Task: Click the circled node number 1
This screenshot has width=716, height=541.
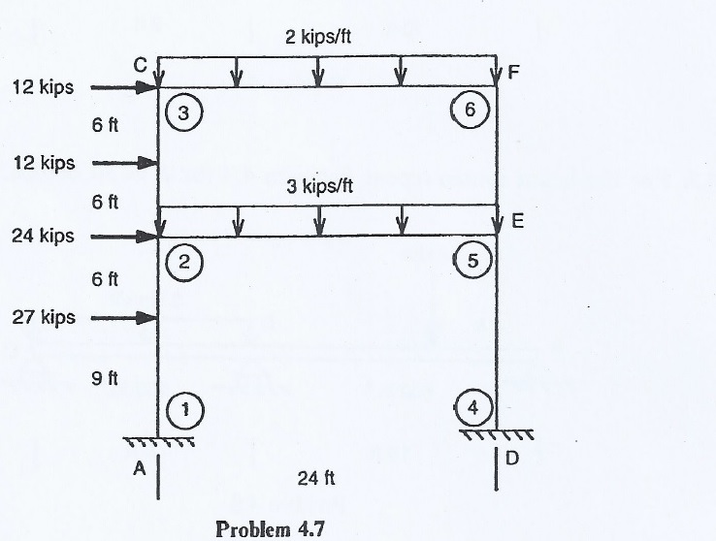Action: pos(184,410)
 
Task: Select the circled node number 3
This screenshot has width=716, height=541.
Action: pos(184,112)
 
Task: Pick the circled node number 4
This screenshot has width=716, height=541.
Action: pos(472,409)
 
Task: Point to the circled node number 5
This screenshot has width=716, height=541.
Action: pos(472,260)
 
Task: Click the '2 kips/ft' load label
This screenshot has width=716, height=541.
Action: pos(317,38)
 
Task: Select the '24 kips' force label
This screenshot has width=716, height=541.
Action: pos(43,236)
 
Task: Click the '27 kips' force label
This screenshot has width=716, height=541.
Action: pos(43,317)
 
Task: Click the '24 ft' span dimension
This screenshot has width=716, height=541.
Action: pos(317,477)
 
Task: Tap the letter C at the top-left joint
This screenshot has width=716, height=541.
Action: pos(141,65)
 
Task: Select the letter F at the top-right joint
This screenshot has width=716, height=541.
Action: pos(513,71)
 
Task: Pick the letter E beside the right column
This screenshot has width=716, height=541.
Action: pos(517,221)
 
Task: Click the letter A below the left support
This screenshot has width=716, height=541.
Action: pos(139,468)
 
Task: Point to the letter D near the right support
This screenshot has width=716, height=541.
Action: pos(513,459)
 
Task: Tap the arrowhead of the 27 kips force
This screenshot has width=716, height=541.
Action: pos(149,317)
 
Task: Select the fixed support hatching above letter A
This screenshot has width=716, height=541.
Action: pos(159,441)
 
